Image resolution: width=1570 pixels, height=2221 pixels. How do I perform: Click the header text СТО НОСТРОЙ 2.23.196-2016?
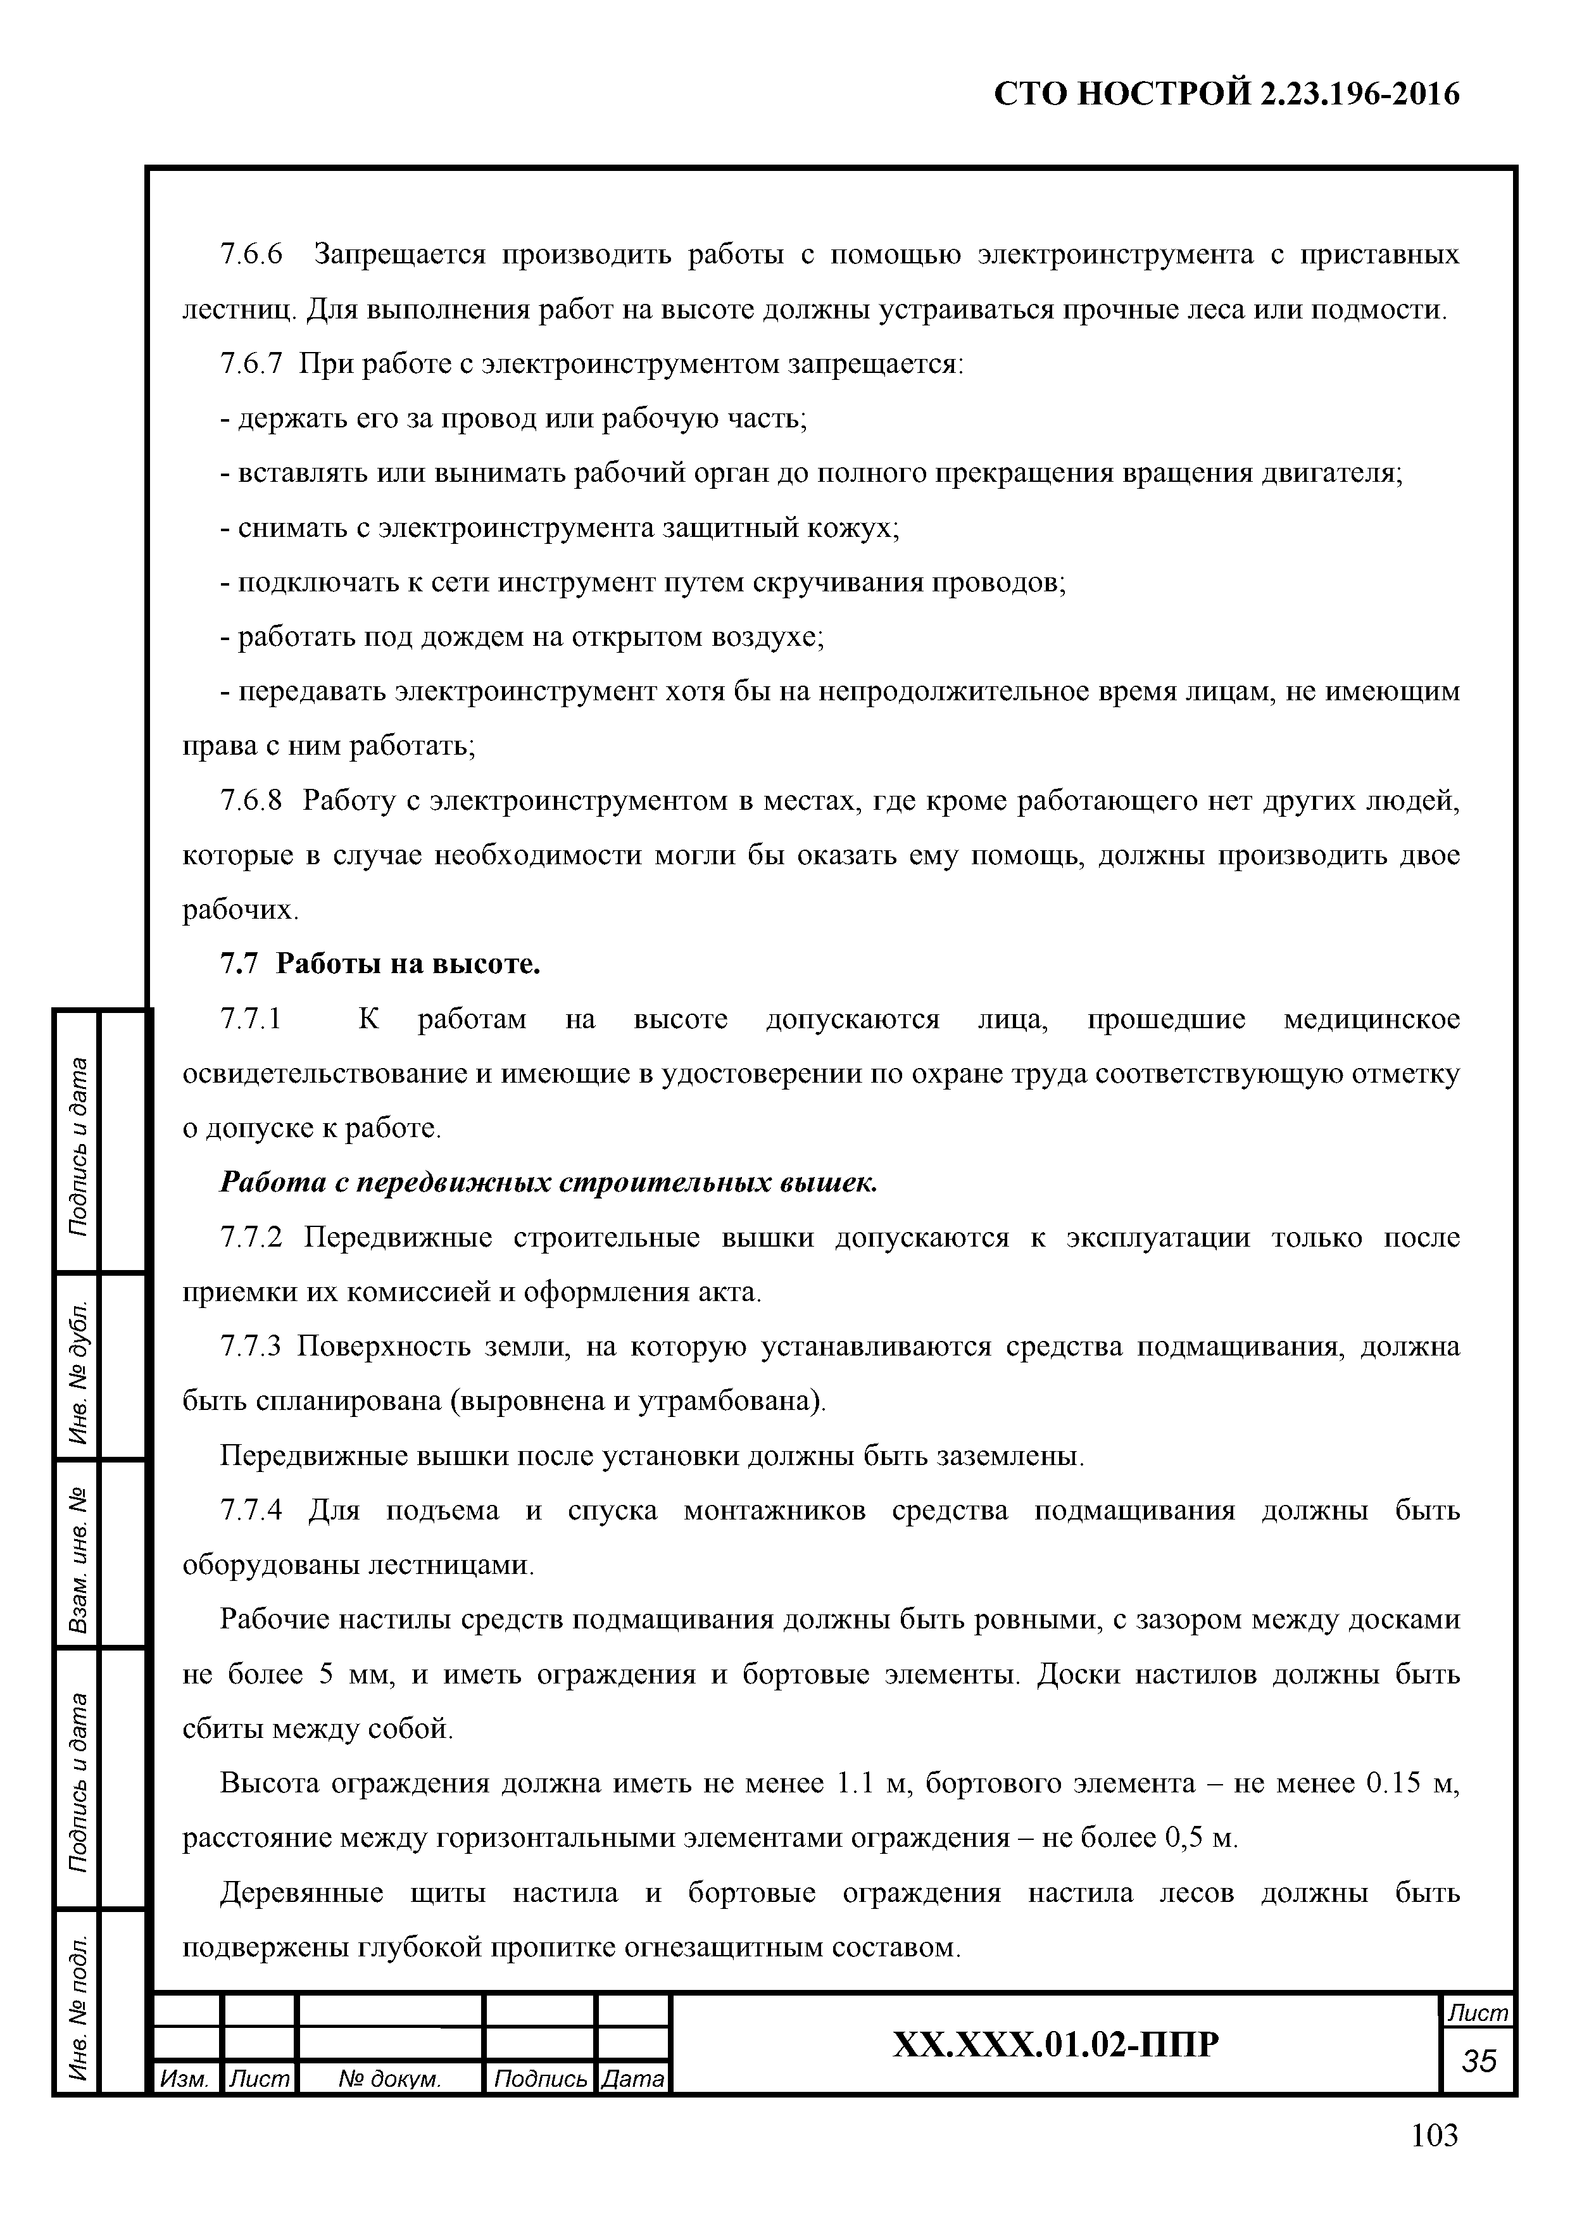pyautogui.click(x=1227, y=94)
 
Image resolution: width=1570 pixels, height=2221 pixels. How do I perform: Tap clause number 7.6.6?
pyautogui.click(x=251, y=255)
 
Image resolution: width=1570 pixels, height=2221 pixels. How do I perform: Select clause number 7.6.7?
pyautogui.click(x=251, y=363)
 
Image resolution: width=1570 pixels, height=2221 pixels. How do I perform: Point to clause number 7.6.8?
pyautogui.click(x=251, y=801)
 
